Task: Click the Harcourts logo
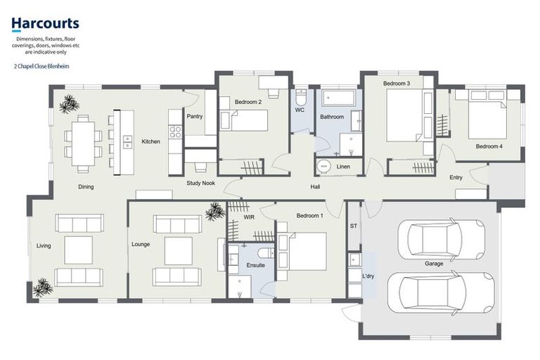pyautogui.click(x=45, y=25)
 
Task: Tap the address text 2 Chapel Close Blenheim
pyautogui.click(x=41, y=65)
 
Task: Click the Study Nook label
pyautogui.click(x=200, y=184)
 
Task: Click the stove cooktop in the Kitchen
pyautogui.click(x=174, y=130)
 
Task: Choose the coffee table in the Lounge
pyautogui.click(x=178, y=250)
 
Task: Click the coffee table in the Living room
pyautogui.click(x=78, y=250)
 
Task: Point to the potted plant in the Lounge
pyautogui.click(x=215, y=211)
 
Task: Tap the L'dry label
pyautogui.click(x=368, y=276)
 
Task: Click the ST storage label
pyautogui.click(x=353, y=226)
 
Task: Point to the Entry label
pyautogui.click(x=456, y=177)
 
